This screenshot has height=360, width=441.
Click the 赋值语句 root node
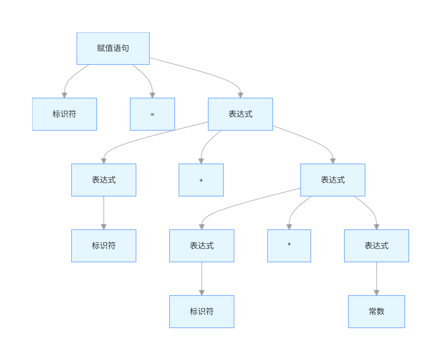point(113,48)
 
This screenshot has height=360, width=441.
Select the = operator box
point(152,114)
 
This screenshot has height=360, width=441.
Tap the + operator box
point(201,180)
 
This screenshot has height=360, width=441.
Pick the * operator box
point(289,246)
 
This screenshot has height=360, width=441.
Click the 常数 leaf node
point(376,312)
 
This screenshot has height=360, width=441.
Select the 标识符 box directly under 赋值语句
point(64,114)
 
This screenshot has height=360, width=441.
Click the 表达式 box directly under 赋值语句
point(240,114)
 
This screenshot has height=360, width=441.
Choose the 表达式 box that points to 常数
point(376,246)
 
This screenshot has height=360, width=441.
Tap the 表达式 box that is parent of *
point(333,180)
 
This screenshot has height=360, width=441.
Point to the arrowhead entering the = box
point(152,95)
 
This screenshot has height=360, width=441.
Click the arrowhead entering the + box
point(201,161)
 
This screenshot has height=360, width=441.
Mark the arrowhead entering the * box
point(289,227)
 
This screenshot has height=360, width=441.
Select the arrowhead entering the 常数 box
point(376,293)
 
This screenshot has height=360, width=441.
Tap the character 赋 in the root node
point(101,48)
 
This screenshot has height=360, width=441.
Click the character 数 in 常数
point(381,312)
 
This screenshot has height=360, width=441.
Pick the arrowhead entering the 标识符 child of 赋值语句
point(64,95)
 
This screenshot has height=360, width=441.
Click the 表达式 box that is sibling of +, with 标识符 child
point(104,180)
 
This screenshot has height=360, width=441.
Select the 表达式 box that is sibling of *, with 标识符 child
point(202,246)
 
